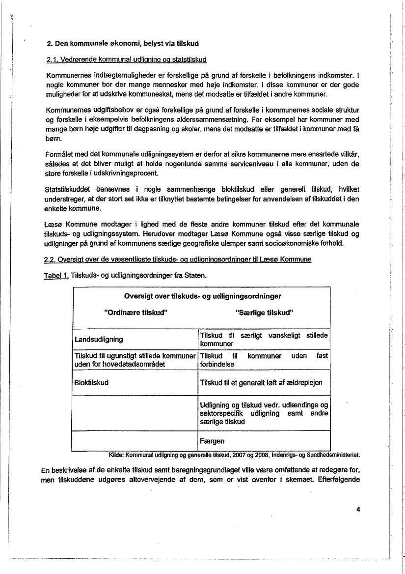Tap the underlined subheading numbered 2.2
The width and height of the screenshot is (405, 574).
pos(178,259)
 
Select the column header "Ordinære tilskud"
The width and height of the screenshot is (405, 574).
pos(135,313)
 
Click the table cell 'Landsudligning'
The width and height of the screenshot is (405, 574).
pos(99,340)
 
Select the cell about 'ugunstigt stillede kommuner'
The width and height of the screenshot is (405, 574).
pos(135,360)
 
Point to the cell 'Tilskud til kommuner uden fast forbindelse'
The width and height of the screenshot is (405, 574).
pos(264,360)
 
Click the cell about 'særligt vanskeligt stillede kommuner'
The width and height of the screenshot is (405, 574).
pos(264,340)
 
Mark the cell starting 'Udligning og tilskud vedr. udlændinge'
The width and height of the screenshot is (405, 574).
pos(264,413)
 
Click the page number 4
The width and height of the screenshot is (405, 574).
pos(359,509)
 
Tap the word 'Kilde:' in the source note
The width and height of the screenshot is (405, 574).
pos(117,455)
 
